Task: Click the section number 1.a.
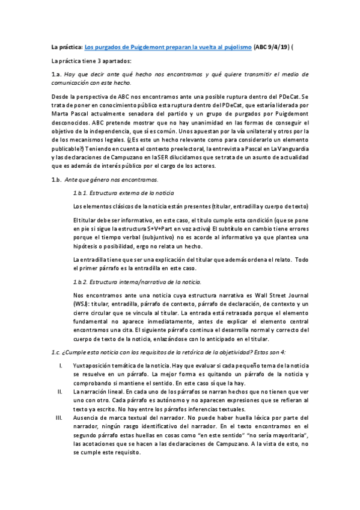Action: point(57,75)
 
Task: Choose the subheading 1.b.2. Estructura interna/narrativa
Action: point(136,282)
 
